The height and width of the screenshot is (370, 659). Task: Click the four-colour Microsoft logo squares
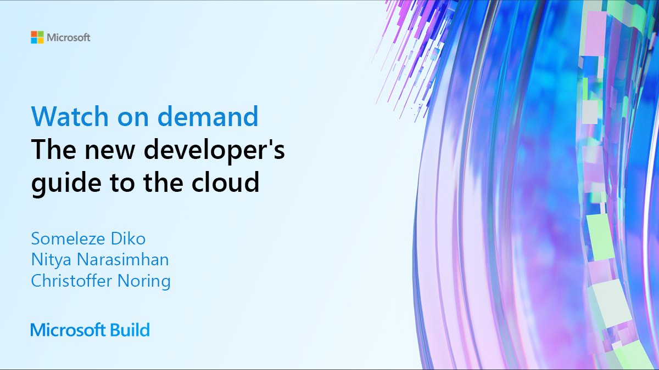tap(37, 37)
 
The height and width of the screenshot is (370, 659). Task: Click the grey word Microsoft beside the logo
tap(69, 38)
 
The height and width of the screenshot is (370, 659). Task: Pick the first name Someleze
tap(65, 239)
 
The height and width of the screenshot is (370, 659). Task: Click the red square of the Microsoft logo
tap(34, 35)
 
